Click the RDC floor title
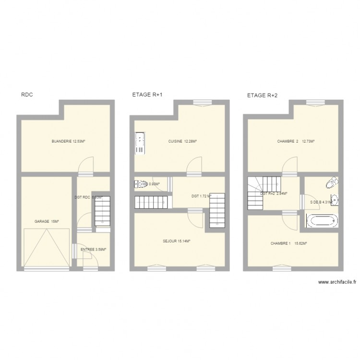[26, 95]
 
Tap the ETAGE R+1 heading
[147, 95]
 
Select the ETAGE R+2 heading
[262, 96]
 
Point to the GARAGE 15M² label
[47, 221]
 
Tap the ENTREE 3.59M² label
[94, 249]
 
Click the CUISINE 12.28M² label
[183, 141]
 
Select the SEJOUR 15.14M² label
[177, 241]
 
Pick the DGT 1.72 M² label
[201, 196]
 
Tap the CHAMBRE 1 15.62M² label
[288, 243]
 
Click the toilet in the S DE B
[331, 182]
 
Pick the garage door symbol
[47, 247]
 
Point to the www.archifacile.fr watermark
[336, 283]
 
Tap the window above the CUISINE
[200, 101]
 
